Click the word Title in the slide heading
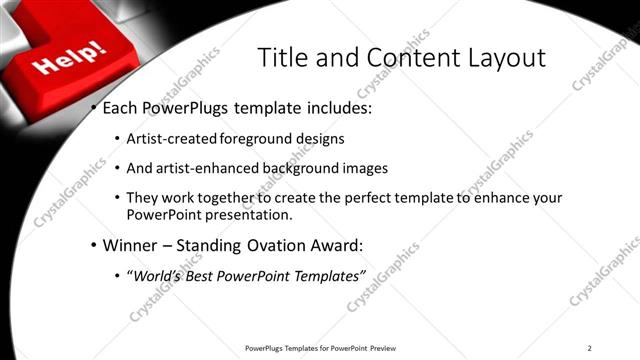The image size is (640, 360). click(x=283, y=57)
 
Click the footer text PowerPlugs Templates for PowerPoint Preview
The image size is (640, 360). click(x=320, y=348)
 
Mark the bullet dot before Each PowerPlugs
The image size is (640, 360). click(x=93, y=107)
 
